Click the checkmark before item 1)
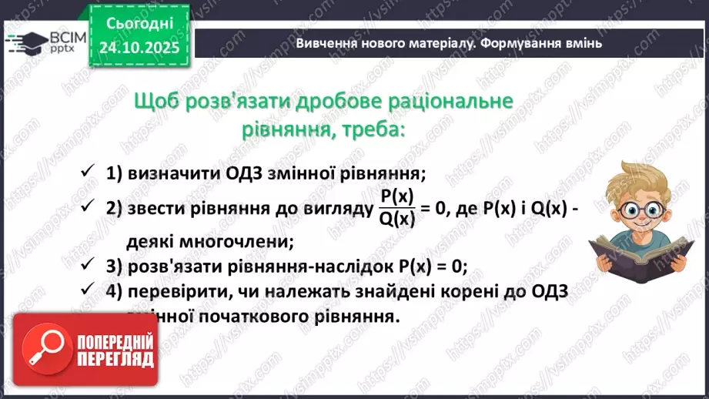87,171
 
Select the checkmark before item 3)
87,265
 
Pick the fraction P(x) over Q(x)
397,208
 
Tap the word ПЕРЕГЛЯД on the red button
118,359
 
